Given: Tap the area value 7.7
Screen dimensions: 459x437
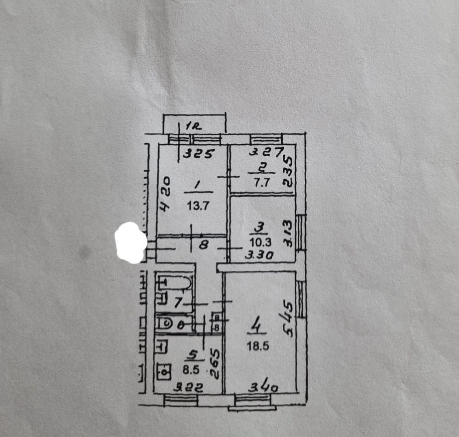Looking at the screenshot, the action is coord(261,182).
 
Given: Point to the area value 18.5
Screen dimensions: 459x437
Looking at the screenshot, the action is coord(259,347).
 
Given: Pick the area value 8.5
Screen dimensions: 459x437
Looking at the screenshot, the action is coord(191,370).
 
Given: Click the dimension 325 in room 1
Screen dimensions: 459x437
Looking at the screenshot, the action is coord(198,154).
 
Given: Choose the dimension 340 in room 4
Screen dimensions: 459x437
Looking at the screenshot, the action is coord(263,386).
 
